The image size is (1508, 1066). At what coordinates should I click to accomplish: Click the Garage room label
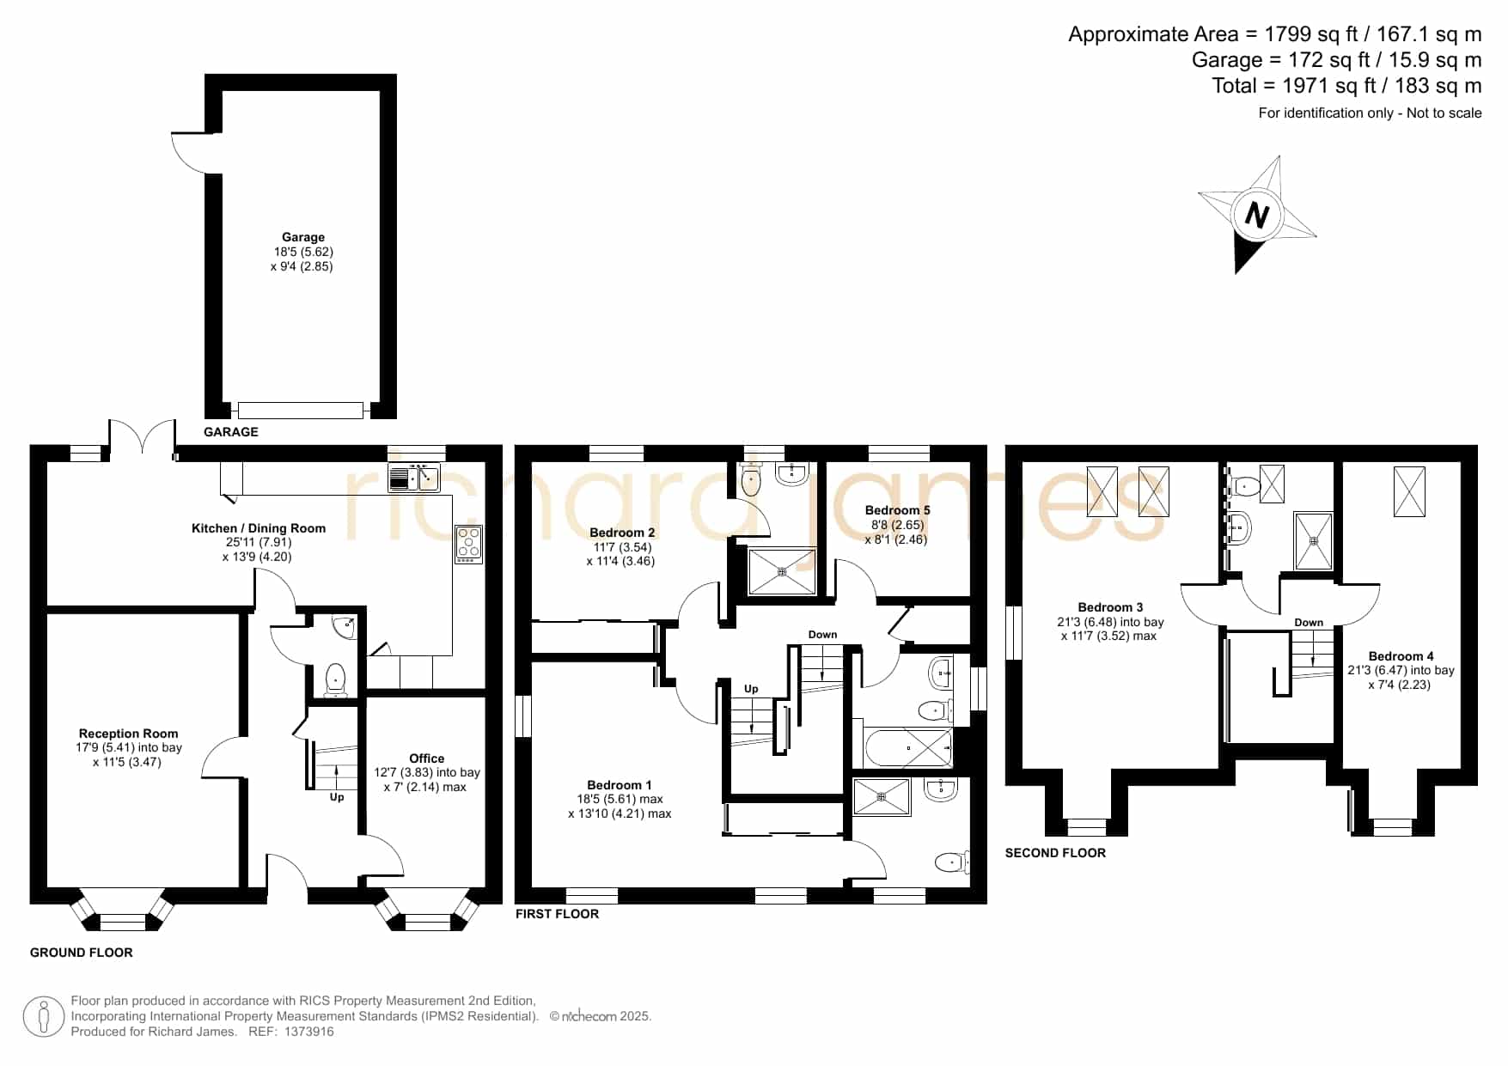click(303, 237)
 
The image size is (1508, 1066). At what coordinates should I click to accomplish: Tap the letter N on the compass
click(1257, 214)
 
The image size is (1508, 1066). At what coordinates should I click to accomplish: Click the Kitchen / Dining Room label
click(259, 528)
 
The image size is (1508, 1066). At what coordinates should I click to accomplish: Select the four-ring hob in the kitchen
click(469, 545)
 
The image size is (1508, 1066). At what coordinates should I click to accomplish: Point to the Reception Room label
click(129, 734)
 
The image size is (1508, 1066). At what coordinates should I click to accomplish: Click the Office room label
click(427, 758)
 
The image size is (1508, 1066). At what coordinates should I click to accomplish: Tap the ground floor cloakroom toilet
click(335, 679)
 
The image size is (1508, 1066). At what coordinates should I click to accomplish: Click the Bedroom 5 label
click(897, 510)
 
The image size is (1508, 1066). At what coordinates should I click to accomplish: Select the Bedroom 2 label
click(622, 533)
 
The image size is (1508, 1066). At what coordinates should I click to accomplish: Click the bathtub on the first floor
click(909, 748)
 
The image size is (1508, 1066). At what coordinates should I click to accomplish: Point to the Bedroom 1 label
click(620, 785)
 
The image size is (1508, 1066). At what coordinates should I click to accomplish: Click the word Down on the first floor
click(822, 635)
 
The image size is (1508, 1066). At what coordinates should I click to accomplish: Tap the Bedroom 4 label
click(1401, 656)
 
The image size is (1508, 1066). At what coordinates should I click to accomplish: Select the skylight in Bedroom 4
click(1409, 491)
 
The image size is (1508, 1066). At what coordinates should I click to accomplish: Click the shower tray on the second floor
click(1313, 540)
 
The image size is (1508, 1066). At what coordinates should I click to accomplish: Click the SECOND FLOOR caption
click(1055, 853)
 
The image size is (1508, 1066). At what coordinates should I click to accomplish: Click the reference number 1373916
click(308, 1032)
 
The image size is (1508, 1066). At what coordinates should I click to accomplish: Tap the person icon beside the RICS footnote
click(43, 1017)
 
